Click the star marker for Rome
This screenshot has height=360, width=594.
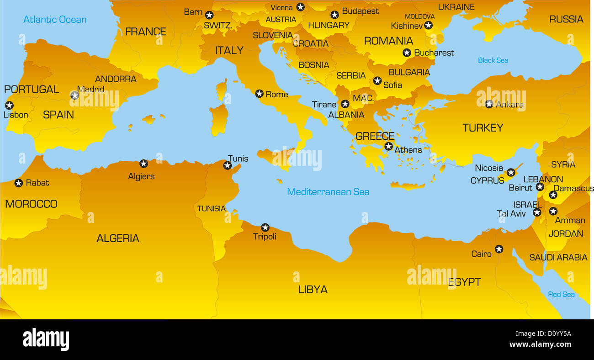click(259, 94)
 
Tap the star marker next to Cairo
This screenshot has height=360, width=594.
click(499, 249)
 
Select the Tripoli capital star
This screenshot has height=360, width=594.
click(265, 227)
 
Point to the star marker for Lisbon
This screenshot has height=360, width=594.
click(9, 105)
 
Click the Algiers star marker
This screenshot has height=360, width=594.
click(143, 164)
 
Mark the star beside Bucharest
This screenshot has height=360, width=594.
click(407, 53)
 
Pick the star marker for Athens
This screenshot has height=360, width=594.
click(388, 146)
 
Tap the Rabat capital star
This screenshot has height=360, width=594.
click(18, 183)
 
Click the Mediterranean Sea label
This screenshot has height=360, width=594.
click(328, 192)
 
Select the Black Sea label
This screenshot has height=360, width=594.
click(493, 60)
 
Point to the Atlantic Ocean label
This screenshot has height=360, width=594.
click(55, 19)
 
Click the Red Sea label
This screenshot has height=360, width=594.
click(561, 294)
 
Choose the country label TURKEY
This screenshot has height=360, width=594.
click(483, 128)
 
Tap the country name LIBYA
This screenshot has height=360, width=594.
click(313, 289)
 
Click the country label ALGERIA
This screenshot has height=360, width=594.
click(118, 238)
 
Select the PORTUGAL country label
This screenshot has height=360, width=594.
click(32, 90)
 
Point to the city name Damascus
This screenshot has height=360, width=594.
click(574, 188)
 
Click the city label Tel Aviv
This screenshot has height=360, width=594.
click(511, 213)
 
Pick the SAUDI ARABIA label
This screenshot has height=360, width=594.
click(558, 258)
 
